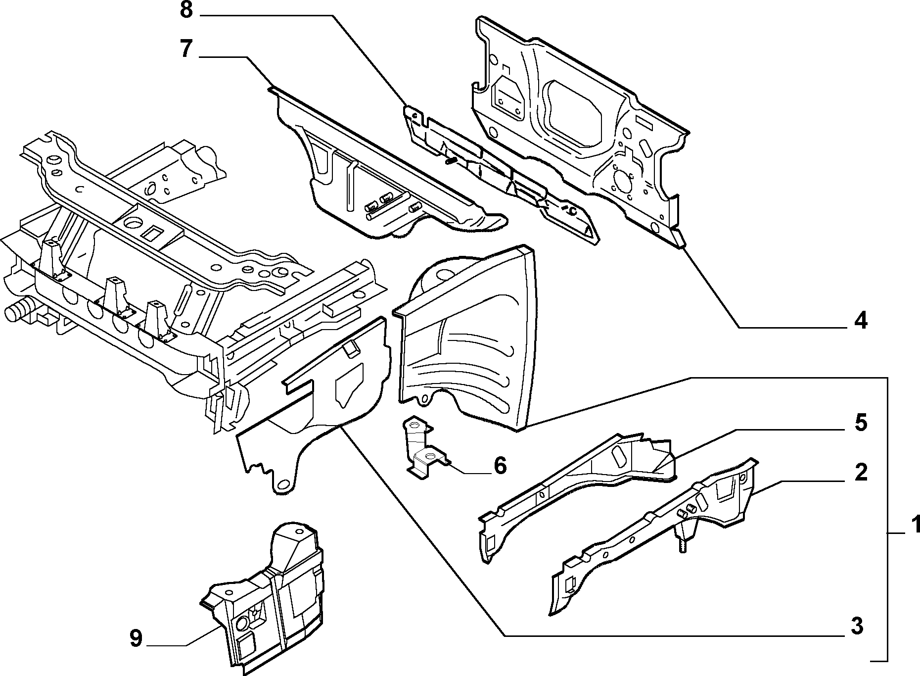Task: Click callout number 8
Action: (186, 10)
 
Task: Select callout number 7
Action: (186, 49)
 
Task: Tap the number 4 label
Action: (861, 321)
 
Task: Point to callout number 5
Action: (861, 423)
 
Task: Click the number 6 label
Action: (500, 466)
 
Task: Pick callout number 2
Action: (861, 473)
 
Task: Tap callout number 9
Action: (136, 638)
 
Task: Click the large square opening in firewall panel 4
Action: (574, 111)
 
